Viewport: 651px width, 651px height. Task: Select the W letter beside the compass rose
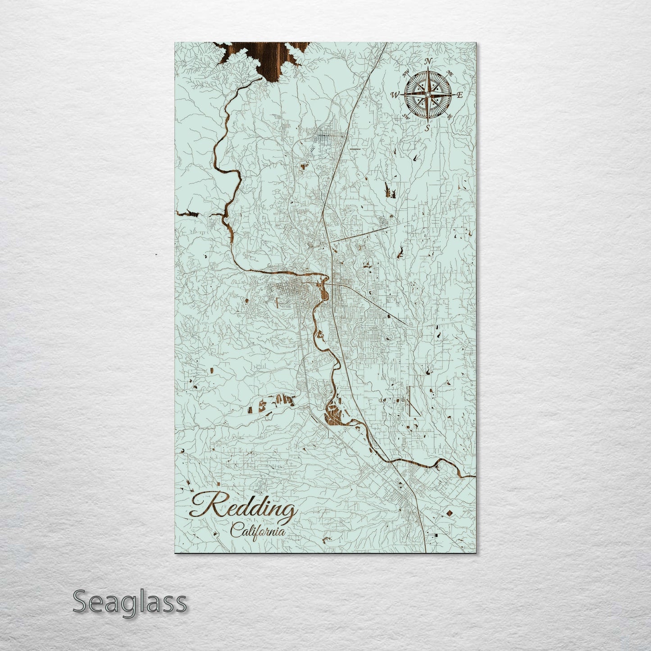tap(395, 95)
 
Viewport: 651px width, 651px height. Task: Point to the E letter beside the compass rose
tap(460, 95)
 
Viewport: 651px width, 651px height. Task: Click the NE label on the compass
tap(449, 73)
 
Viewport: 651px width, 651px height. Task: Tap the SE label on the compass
tap(449, 116)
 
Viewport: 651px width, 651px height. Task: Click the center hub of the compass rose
tap(428, 95)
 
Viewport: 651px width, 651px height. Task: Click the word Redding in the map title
tap(244, 507)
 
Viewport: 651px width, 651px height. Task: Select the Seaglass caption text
tap(129, 601)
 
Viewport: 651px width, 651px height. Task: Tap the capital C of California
tap(235, 531)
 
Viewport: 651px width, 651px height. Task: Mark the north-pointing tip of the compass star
tap(428, 68)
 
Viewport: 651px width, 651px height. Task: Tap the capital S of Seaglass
tap(80, 601)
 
